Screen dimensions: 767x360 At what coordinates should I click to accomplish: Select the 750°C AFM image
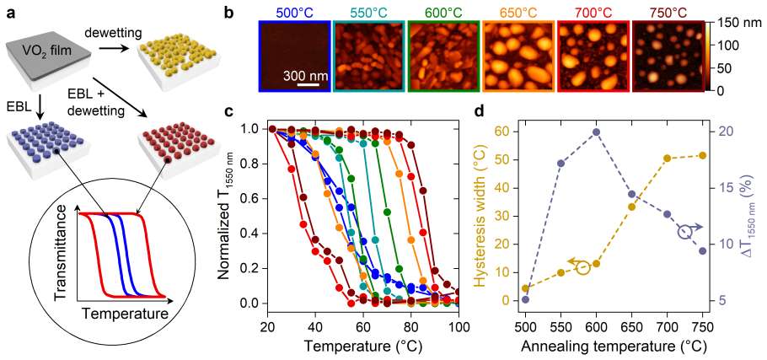668,56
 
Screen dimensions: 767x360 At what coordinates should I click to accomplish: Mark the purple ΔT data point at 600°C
596,132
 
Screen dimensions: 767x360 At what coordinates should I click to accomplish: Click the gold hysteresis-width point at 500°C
525,288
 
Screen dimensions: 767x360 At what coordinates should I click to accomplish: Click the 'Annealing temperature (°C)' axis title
614,346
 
